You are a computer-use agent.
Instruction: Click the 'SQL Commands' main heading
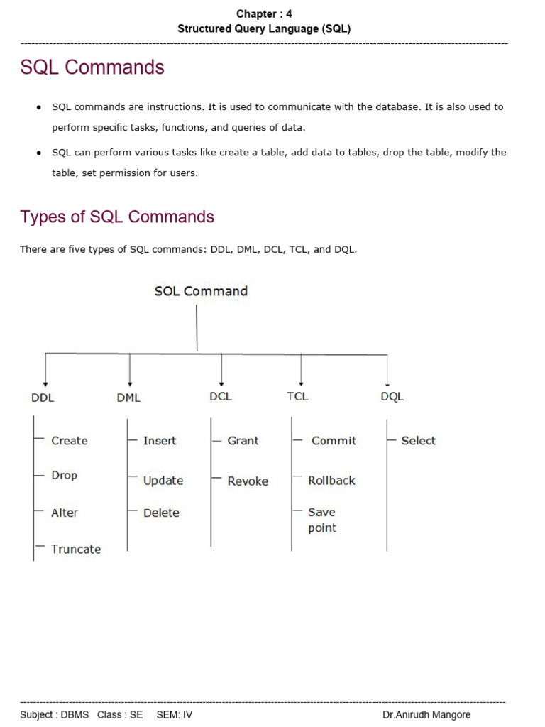pyautogui.click(x=92, y=67)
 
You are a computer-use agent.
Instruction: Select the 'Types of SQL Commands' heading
pyautogui.click(x=117, y=217)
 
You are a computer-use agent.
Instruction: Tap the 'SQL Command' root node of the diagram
pyautogui.click(x=201, y=291)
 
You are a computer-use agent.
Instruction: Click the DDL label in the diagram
pyautogui.click(x=43, y=398)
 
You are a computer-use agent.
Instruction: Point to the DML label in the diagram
pyautogui.click(x=128, y=398)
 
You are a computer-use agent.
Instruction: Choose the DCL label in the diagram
pyautogui.click(x=221, y=396)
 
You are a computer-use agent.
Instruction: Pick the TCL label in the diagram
pyautogui.click(x=298, y=396)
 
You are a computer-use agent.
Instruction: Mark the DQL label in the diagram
pyautogui.click(x=392, y=397)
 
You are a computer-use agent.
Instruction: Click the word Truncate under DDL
pyautogui.click(x=76, y=549)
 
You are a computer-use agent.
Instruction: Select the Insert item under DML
pyautogui.click(x=160, y=440)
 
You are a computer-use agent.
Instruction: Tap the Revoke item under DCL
pyautogui.click(x=248, y=481)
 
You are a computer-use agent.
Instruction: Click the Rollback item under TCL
pyautogui.click(x=331, y=481)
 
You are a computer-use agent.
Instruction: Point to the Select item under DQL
pyautogui.click(x=418, y=440)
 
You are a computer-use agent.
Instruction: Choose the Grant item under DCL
pyautogui.click(x=243, y=440)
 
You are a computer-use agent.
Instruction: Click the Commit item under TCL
pyautogui.click(x=334, y=440)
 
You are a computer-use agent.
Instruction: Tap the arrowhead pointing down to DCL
pyautogui.click(x=222, y=381)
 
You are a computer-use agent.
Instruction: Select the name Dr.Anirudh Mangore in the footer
pyautogui.click(x=426, y=715)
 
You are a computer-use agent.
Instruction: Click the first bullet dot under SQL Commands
pyautogui.click(x=38, y=107)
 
